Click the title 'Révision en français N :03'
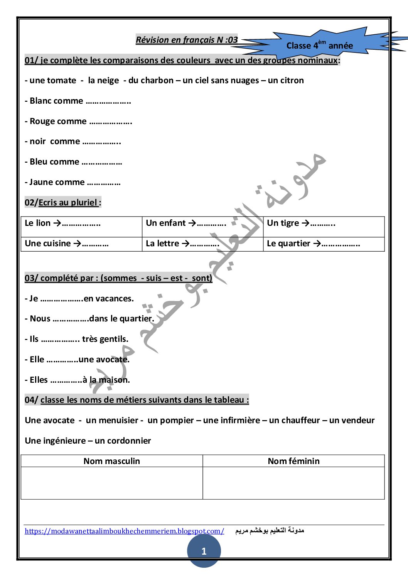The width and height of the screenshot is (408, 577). coord(187,40)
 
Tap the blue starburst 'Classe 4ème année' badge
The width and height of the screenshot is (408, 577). coord(320,45)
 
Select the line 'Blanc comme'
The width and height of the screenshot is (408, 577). coord(78,101)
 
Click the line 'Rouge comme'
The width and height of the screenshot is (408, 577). coord(78,121)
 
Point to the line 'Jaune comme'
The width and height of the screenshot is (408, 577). coord(72,182)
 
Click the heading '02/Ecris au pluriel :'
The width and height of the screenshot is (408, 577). coord(63,202)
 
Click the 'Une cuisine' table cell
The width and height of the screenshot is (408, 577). coord(81,244)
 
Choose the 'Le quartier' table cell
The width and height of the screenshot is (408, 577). coord(324,244)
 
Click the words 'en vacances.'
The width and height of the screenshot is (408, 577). coord(109,299)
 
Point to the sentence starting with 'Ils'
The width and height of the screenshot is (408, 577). coord(76,339)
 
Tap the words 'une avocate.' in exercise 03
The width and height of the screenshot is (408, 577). coord(104,360)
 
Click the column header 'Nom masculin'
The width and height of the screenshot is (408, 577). coord(112,461)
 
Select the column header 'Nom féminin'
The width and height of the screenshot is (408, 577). coord(293,461)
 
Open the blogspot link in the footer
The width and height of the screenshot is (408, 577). coord(124,531)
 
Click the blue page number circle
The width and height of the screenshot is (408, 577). coord(204,551)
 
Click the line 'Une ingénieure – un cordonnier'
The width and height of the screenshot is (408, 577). coord(88,441)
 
